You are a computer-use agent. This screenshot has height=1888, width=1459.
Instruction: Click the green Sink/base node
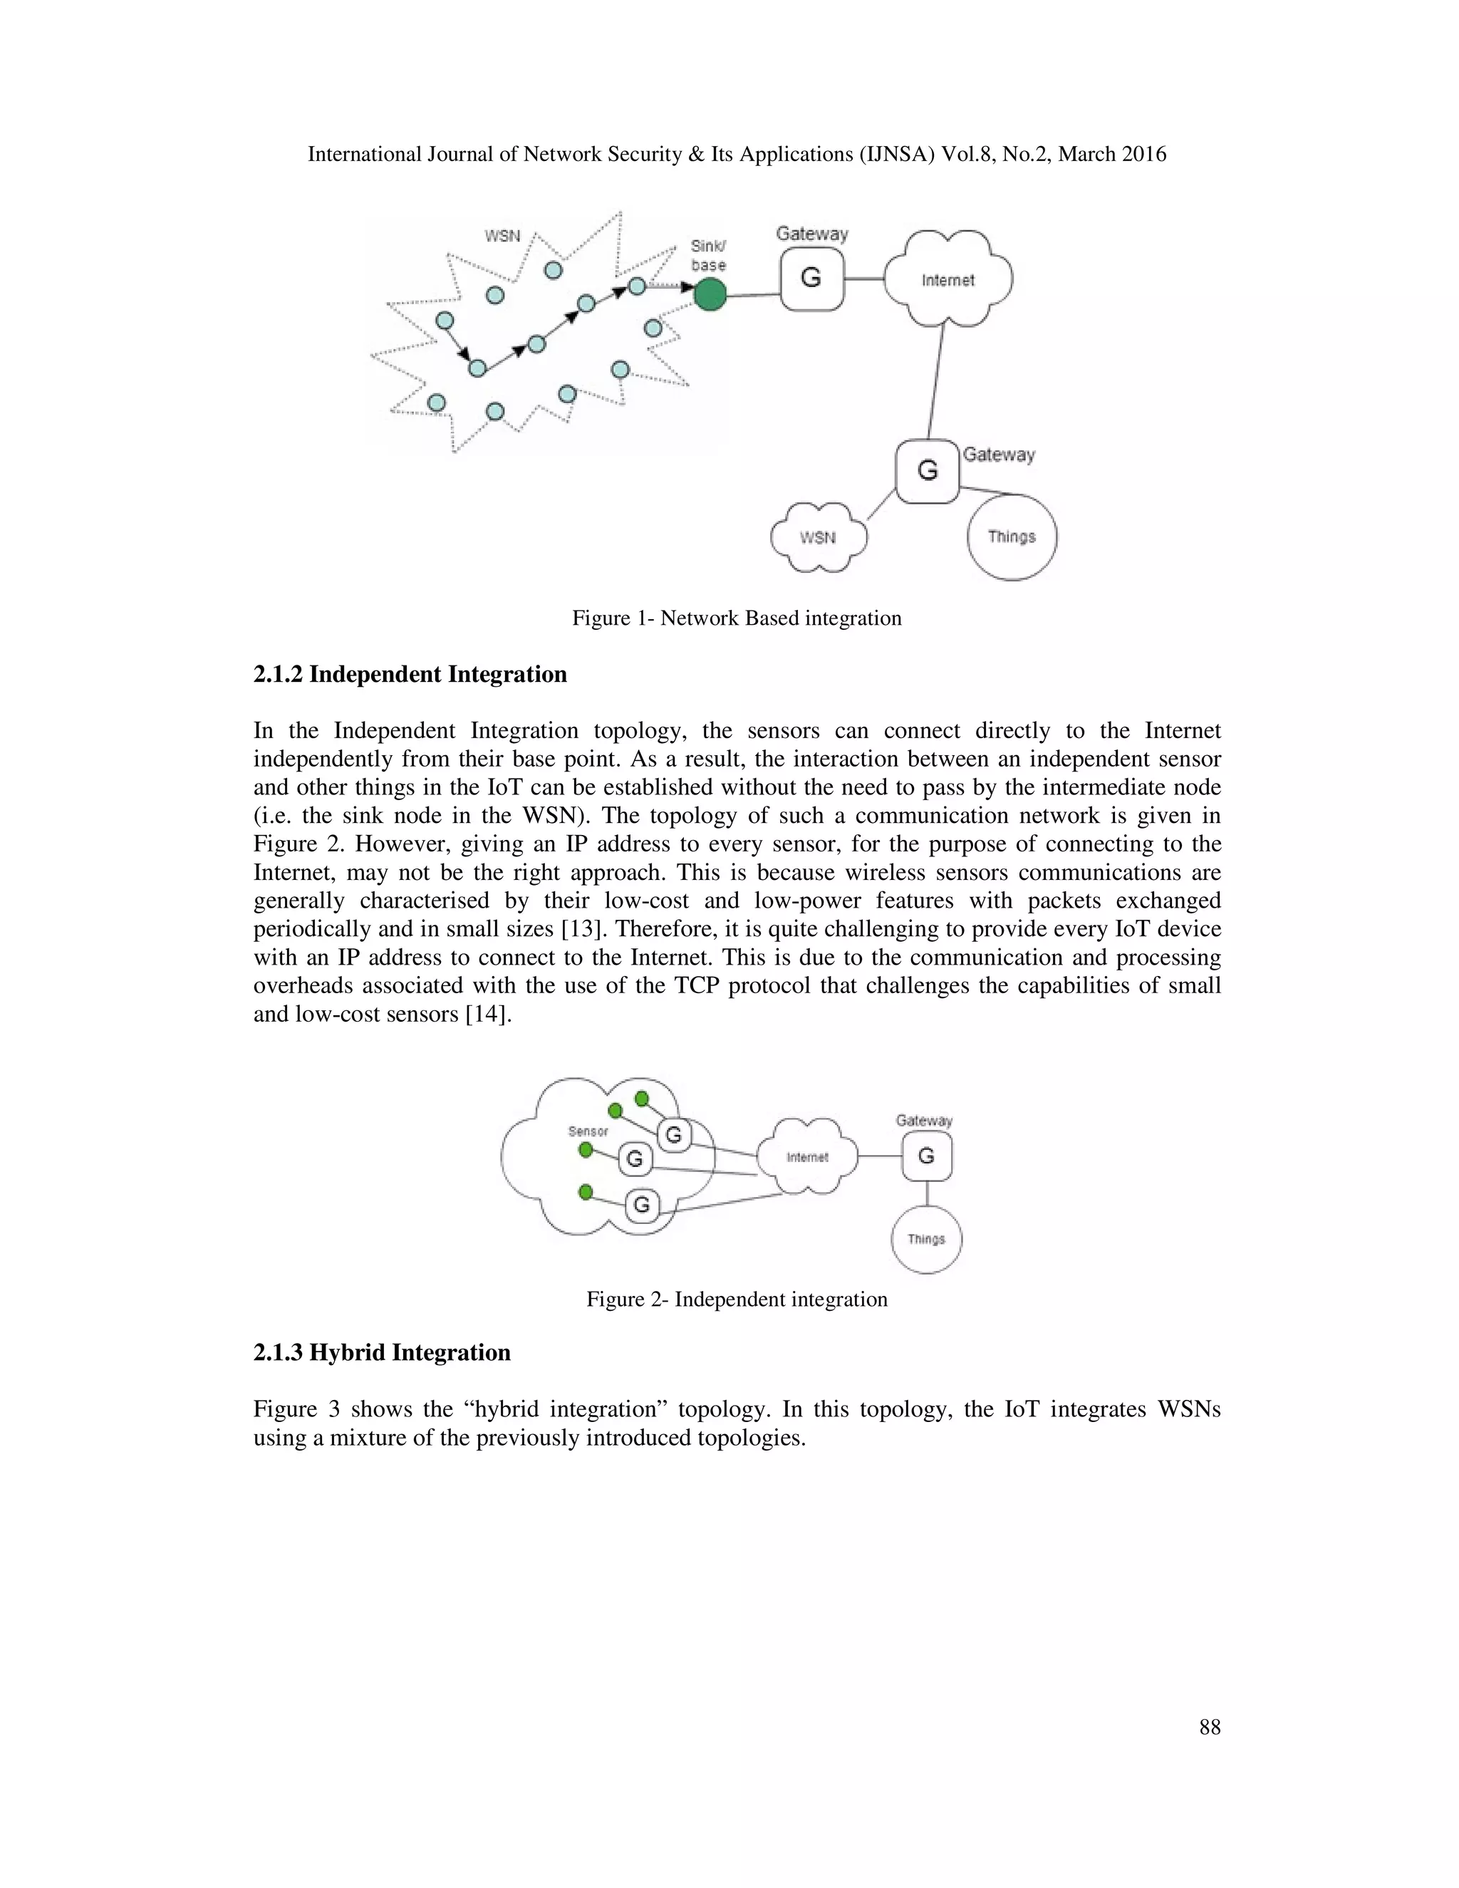[710, 295]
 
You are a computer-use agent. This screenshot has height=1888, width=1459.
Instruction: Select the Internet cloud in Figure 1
[948, 280]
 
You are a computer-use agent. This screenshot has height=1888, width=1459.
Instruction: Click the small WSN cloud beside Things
[818, 538]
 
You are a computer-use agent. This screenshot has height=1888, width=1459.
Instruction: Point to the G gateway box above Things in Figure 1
[928, 471]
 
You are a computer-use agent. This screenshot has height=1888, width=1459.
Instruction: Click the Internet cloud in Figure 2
[807, 1156]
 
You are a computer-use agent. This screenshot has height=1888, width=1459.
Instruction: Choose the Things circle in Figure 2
[925, 1239]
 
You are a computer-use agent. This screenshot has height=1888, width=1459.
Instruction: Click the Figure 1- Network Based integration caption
[737, 618]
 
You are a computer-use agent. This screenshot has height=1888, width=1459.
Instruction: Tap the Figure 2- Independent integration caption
[737, 1300]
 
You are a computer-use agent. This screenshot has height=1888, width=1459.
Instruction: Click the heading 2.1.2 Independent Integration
[410, 674]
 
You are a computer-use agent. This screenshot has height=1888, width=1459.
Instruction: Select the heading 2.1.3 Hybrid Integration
[381, 1353]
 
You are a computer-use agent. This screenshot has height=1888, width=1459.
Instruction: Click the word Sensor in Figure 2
[588, 1131]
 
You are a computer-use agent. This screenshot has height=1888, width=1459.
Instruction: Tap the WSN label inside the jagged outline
[502, 235]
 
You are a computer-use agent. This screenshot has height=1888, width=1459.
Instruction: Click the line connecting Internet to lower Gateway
[936, 380]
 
